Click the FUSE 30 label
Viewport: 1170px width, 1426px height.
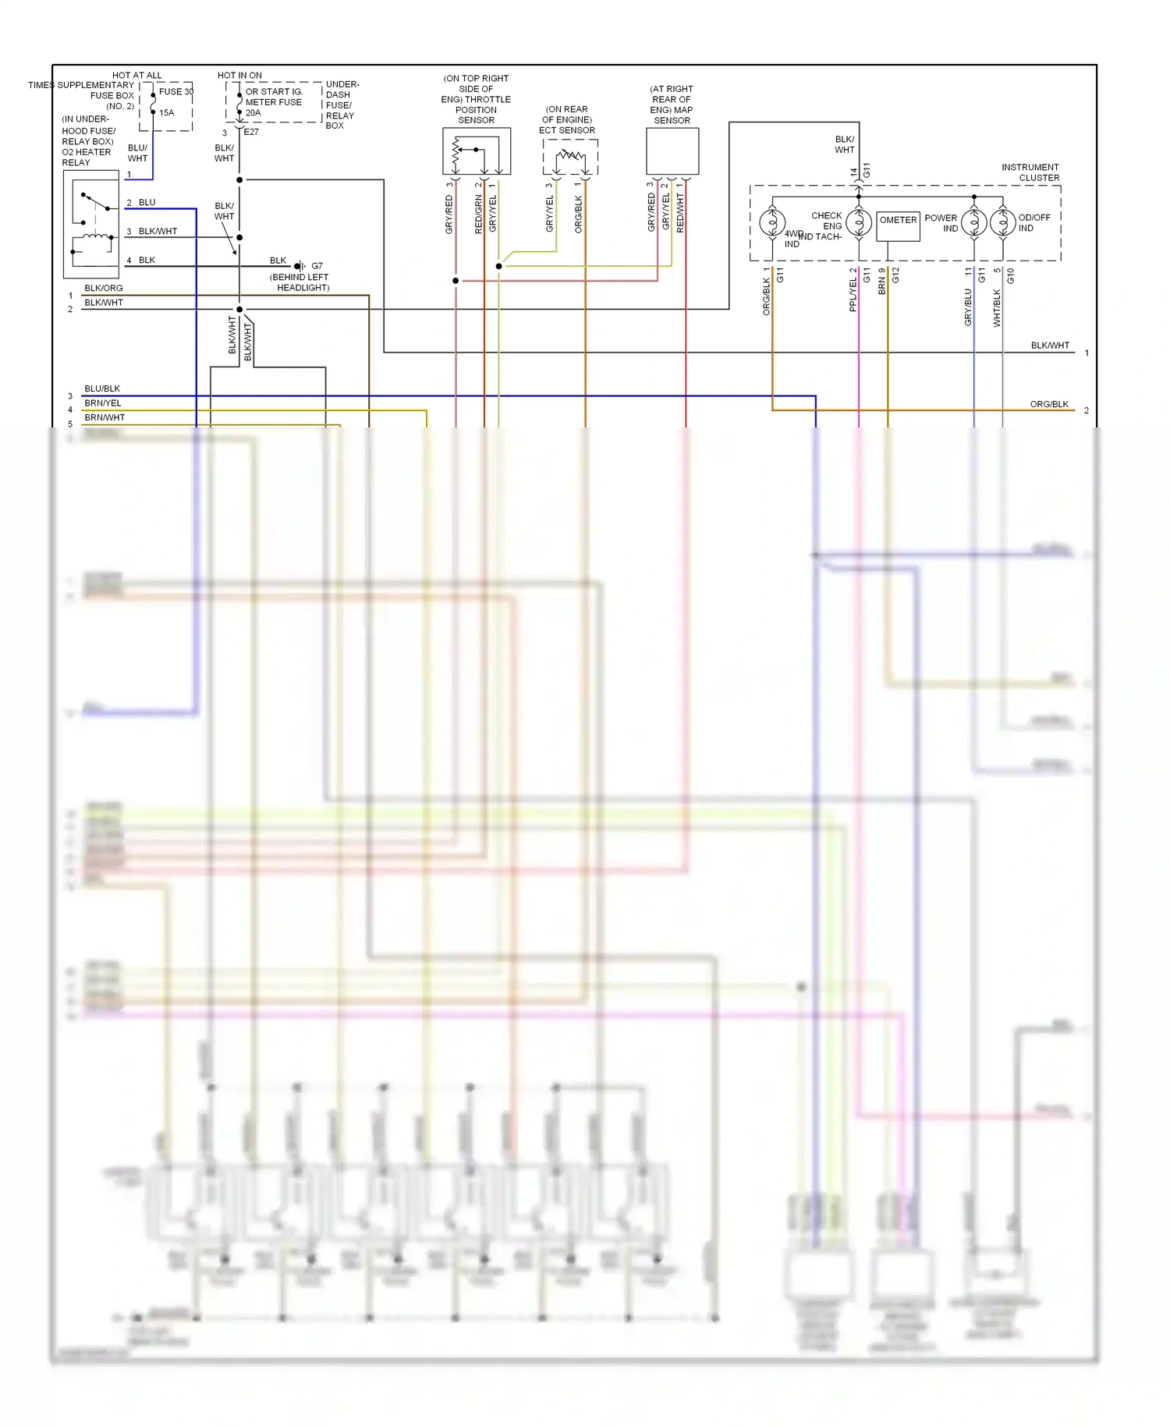(175, 91)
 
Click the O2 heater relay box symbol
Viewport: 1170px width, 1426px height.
(91, 224)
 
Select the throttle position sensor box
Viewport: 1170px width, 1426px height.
(477, 151)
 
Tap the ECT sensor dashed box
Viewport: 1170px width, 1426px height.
(570, 157)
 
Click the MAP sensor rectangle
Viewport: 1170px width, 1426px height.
(672, 151)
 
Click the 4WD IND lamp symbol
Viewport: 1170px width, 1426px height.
(772, 223)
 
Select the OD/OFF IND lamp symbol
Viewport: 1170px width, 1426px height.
(1002, 223)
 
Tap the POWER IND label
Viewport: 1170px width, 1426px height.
(941, 223)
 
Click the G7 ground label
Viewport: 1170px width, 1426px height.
(317, 266)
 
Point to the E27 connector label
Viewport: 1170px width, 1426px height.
(251, 132)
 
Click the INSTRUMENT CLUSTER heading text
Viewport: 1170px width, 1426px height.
(1030, 172)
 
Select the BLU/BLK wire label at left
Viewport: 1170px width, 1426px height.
(102, 388)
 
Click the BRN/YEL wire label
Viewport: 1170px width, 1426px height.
(103, 403)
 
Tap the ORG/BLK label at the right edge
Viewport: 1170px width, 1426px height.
(1049, 404)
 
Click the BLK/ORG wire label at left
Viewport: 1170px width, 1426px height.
(104, 289)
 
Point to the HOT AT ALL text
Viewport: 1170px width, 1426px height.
(137, 76)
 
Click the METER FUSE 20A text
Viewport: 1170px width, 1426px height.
(273, 102)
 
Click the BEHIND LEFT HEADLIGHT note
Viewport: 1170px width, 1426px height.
(300, 282)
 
